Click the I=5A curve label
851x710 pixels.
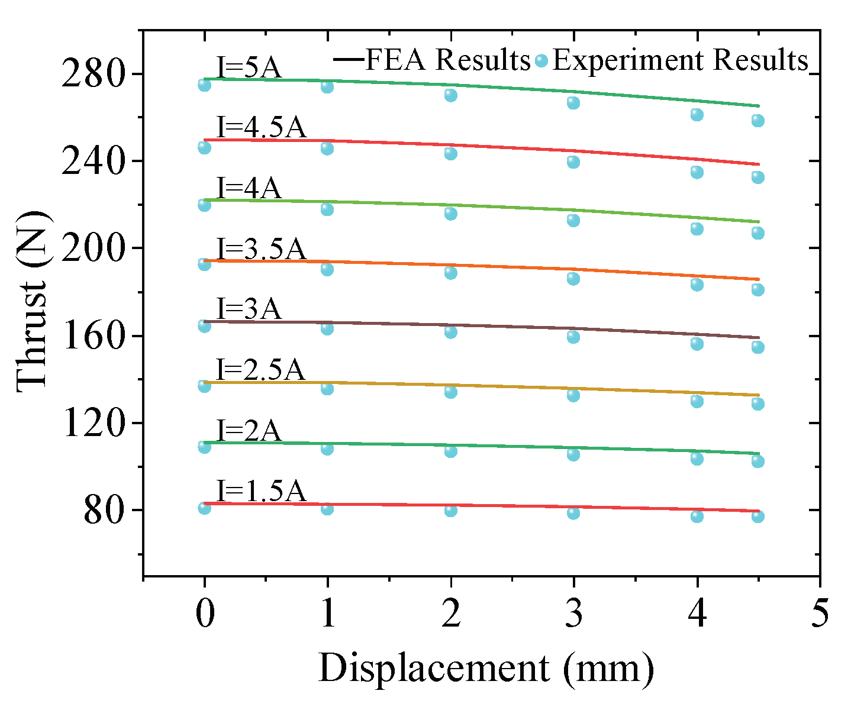(x=249, y=67)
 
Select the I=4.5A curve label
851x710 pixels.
(x=261, y=128)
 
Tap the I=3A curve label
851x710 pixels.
(x=249, y=309)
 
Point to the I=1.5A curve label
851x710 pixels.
(x=261, y=490)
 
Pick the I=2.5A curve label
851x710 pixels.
(x=260, y=370)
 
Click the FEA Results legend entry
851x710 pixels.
(x=432, y=60)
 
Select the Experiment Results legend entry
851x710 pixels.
(x=672, y=60)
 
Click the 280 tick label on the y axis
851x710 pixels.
(x=97, y=75)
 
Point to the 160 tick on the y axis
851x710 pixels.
(x=97, y=336)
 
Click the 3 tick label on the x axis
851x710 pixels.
(x=573, y=614)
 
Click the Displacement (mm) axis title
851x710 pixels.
(x=486, y=669)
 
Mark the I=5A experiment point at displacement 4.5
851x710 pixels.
(x=757, y=121)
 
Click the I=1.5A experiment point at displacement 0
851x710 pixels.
(x=204, y=508)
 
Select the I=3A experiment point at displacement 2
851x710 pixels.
(x=450, y=332)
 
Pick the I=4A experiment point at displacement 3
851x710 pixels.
(x=573, y=220)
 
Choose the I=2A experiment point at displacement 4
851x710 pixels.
(x=697, y=459)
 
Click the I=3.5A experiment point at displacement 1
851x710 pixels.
(x=327, y=269)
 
